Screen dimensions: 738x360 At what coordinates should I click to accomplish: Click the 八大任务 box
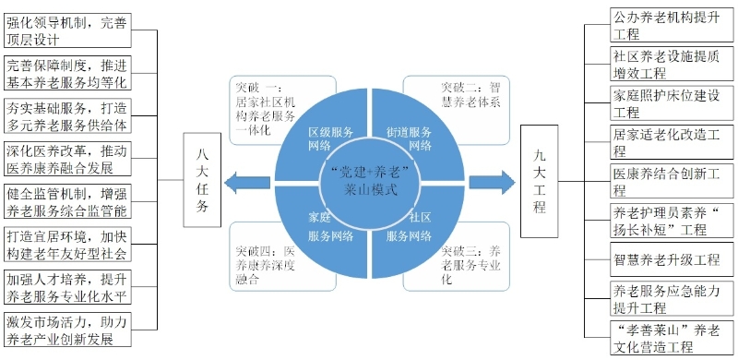pos(202,179)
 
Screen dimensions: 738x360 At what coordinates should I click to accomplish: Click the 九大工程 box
pos(539,181)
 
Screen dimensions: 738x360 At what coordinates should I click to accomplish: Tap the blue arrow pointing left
pos(247,183)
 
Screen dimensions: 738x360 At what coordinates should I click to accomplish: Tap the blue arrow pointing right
pos(493,183)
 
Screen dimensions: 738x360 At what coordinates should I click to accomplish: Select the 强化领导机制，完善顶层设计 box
pos(66,30)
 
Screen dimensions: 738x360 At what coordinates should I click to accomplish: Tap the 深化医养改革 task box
pos(66,159)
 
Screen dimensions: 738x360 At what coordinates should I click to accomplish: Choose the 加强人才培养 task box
pos(66,286)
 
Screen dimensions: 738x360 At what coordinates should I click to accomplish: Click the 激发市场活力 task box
pos(66,330)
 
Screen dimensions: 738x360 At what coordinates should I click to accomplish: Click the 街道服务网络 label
pos(409,138)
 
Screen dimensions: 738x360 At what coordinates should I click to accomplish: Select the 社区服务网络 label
pos(409,227)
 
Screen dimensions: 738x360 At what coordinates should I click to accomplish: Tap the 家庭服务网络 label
pos(331,227)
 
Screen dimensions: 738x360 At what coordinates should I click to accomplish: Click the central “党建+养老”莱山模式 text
pos(370,182)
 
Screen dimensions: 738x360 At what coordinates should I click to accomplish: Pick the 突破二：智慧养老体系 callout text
pos(470,94)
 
